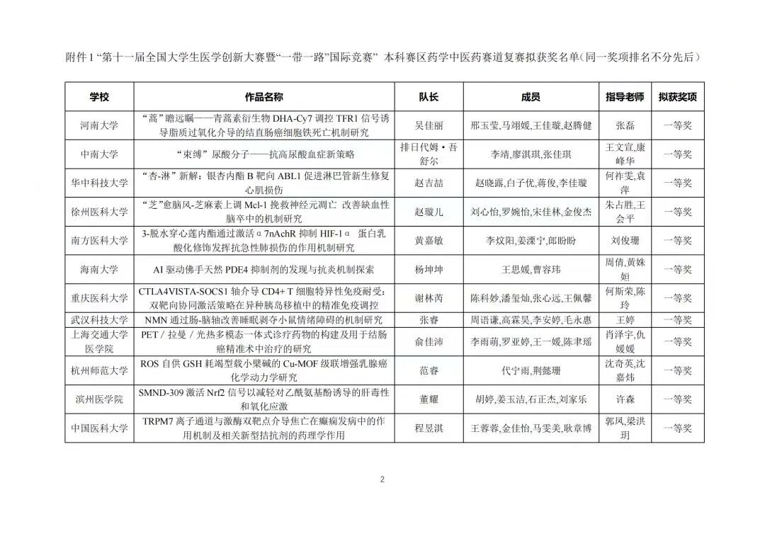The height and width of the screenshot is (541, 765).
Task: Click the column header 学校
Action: pos(99,97)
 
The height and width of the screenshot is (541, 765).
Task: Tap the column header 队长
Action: pos(429,97)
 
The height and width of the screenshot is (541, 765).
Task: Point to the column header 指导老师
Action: pos(625,97)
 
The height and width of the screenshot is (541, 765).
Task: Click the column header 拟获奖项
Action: pos(677,97)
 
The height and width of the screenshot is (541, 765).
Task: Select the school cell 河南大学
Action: pos(99,125)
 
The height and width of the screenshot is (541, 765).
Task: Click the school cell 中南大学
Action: pos(99,154)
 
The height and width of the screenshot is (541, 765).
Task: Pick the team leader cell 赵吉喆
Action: pos(429,183)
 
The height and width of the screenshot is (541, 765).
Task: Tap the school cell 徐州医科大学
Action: pos(99,212)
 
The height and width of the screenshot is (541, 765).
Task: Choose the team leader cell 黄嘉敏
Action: pos(429,241)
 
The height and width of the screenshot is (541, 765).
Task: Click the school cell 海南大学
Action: pos(99,270)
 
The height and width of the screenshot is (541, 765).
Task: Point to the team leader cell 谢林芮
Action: pos(429,298)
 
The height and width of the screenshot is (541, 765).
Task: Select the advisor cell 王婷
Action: pos(625,320)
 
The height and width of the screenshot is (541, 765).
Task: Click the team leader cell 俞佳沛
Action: pos(429,342)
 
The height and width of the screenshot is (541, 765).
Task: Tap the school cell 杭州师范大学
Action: pos(99,370)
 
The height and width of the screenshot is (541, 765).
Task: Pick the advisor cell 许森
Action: pos(625,399)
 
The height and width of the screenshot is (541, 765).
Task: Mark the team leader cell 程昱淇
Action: pos(429,428)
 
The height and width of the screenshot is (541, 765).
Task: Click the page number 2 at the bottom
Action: pos(382,479)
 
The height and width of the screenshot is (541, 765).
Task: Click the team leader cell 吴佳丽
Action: pos(429,125)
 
